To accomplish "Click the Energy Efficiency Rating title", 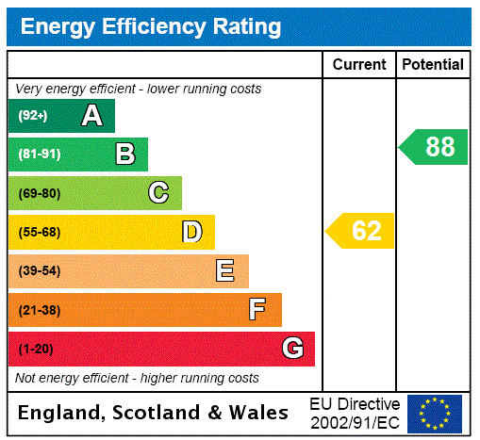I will (151, 26).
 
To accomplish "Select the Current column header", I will (359, 64).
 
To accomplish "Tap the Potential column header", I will (433, 64).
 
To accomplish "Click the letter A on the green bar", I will (91, 116).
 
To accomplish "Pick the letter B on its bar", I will (124, 155).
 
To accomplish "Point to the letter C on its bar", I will (158, 193).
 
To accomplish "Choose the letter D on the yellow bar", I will (191, 232).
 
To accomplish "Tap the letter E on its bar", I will (225, 271).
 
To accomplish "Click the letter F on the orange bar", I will (257, 310).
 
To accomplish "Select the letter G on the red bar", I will (292, 349).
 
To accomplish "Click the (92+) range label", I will (32, 116).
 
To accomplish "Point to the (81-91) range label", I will (39, 155).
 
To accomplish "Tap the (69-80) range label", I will (39, 193).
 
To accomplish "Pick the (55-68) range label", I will (39, 232).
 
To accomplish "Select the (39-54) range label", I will (39, 271).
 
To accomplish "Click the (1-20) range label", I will (36, 349).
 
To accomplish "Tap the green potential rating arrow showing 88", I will (434, 147).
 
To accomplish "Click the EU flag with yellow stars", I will (435, 413).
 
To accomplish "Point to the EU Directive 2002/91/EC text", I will (355, 413).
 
